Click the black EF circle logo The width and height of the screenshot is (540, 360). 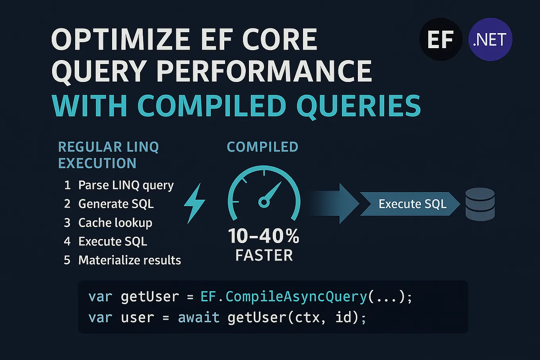441,39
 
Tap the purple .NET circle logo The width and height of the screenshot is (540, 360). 490,39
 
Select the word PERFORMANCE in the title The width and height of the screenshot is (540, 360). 264,72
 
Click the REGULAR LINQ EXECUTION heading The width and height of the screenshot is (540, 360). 108,155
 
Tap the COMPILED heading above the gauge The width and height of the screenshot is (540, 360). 262,147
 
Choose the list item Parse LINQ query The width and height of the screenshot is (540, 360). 126,185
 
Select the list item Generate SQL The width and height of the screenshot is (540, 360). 116,204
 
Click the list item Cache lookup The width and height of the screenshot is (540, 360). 115,222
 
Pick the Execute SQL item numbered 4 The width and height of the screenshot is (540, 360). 113,241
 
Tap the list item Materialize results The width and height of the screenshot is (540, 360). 129,260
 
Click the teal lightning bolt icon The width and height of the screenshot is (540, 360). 194,203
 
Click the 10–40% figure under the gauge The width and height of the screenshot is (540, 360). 264,236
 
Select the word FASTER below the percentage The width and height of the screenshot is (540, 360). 264,255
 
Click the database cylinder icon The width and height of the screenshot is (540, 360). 480,204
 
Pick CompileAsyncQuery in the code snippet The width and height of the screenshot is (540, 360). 296,296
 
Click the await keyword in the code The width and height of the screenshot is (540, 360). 198,317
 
